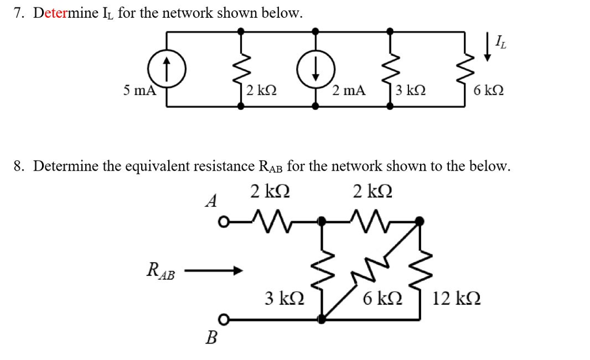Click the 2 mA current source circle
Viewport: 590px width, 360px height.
pyautogui.click(x=315, y=70)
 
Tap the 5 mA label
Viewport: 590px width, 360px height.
pyautogui.click(x=139, y=90)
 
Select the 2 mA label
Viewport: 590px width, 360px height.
pyautogui.click(x=349, y=90)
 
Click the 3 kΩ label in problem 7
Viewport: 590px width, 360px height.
pyautogui.click(x=411, y=90)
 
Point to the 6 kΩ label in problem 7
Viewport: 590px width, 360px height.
pyautogui.click(x=489, y=90)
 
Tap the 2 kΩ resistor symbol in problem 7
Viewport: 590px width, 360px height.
pyautogui.click(x=241, y=70)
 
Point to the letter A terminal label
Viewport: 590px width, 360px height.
pyautogui.click(x=212, y=201)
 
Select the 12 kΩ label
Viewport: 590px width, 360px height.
pyautogui.click(x=457, y=298)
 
